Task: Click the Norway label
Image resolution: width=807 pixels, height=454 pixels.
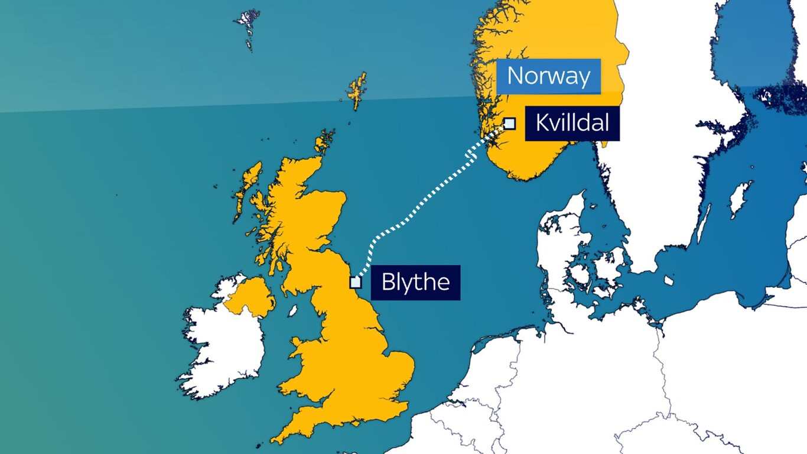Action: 548,76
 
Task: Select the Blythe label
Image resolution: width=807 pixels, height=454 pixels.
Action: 415,282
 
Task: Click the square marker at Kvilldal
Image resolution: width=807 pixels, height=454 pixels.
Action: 509,124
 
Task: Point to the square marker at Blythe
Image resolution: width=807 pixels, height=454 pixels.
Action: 355,282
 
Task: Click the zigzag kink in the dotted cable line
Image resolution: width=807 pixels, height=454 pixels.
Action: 471,155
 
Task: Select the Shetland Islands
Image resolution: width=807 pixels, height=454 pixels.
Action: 357,90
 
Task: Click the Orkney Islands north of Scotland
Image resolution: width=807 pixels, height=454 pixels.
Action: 323,142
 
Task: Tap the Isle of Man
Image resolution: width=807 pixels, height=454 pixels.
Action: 292,310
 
